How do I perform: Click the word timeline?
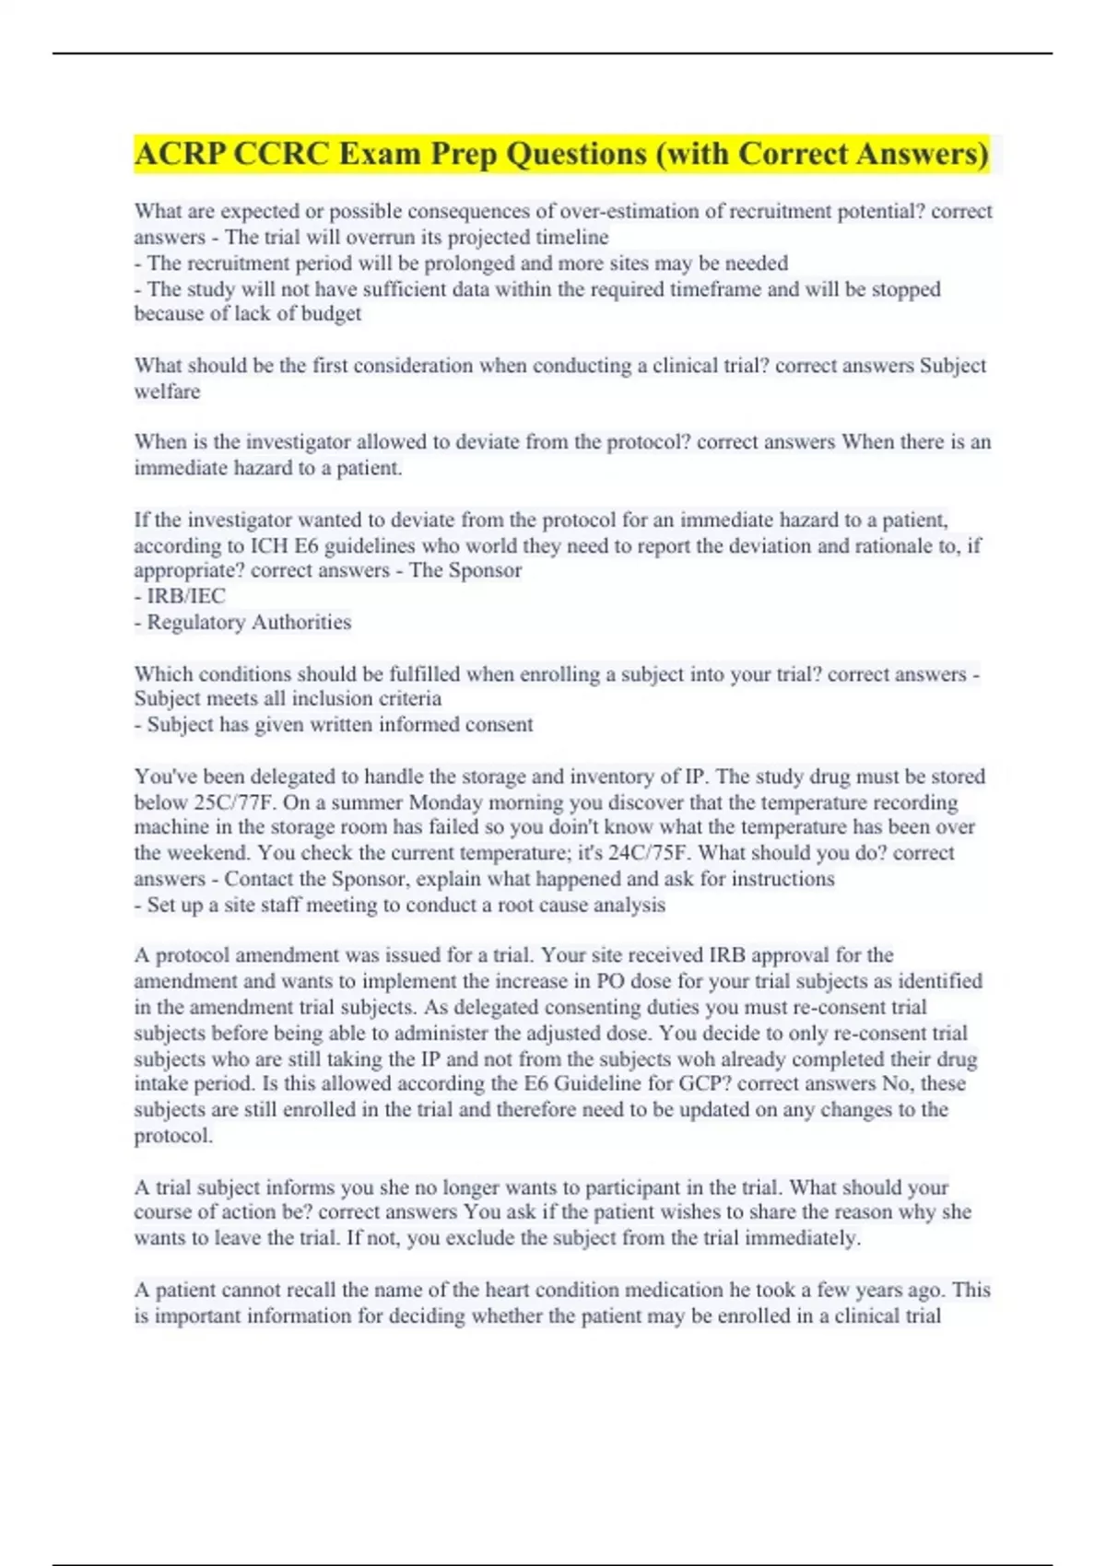click(x=571, y=238)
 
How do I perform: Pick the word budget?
click(x=332, y=314)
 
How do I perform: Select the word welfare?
click(x=167, y=391)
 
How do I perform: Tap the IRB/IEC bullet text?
click(x=185, y=596)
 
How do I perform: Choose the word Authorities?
click(x=300, y=623)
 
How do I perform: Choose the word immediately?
click(x=802, y=1238)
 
